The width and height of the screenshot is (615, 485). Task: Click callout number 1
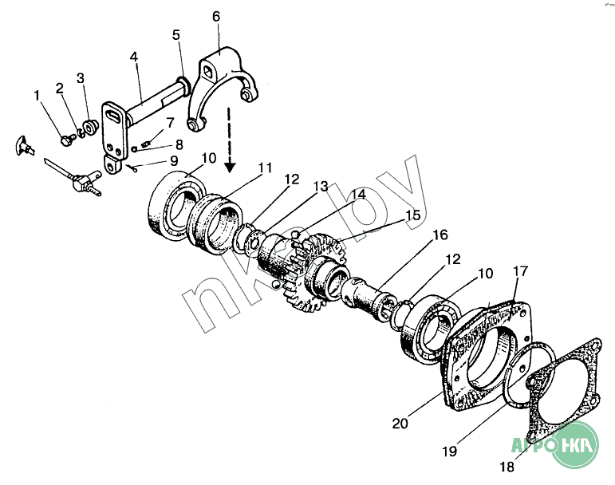(x=37, y=96)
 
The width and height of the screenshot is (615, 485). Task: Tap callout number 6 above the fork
(x=215, y=16)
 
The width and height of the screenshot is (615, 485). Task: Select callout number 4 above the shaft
(x=134, y=57)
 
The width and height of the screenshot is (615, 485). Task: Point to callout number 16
(x=440, y=235)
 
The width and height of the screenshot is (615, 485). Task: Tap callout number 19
(x=451, y=451)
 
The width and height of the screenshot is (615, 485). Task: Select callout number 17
(x=520, y=270)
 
